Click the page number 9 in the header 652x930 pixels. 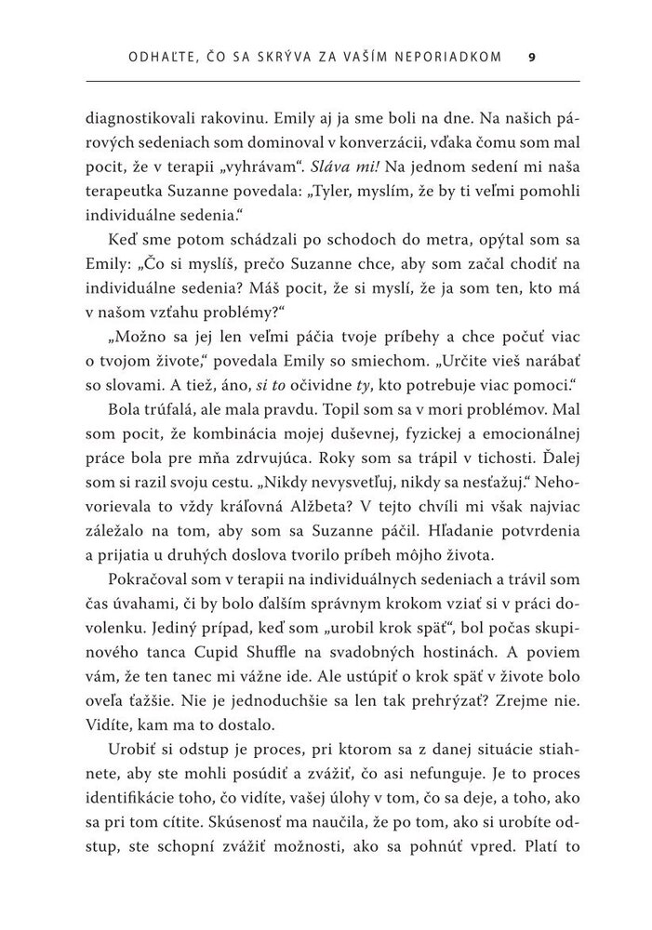[531, 58]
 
